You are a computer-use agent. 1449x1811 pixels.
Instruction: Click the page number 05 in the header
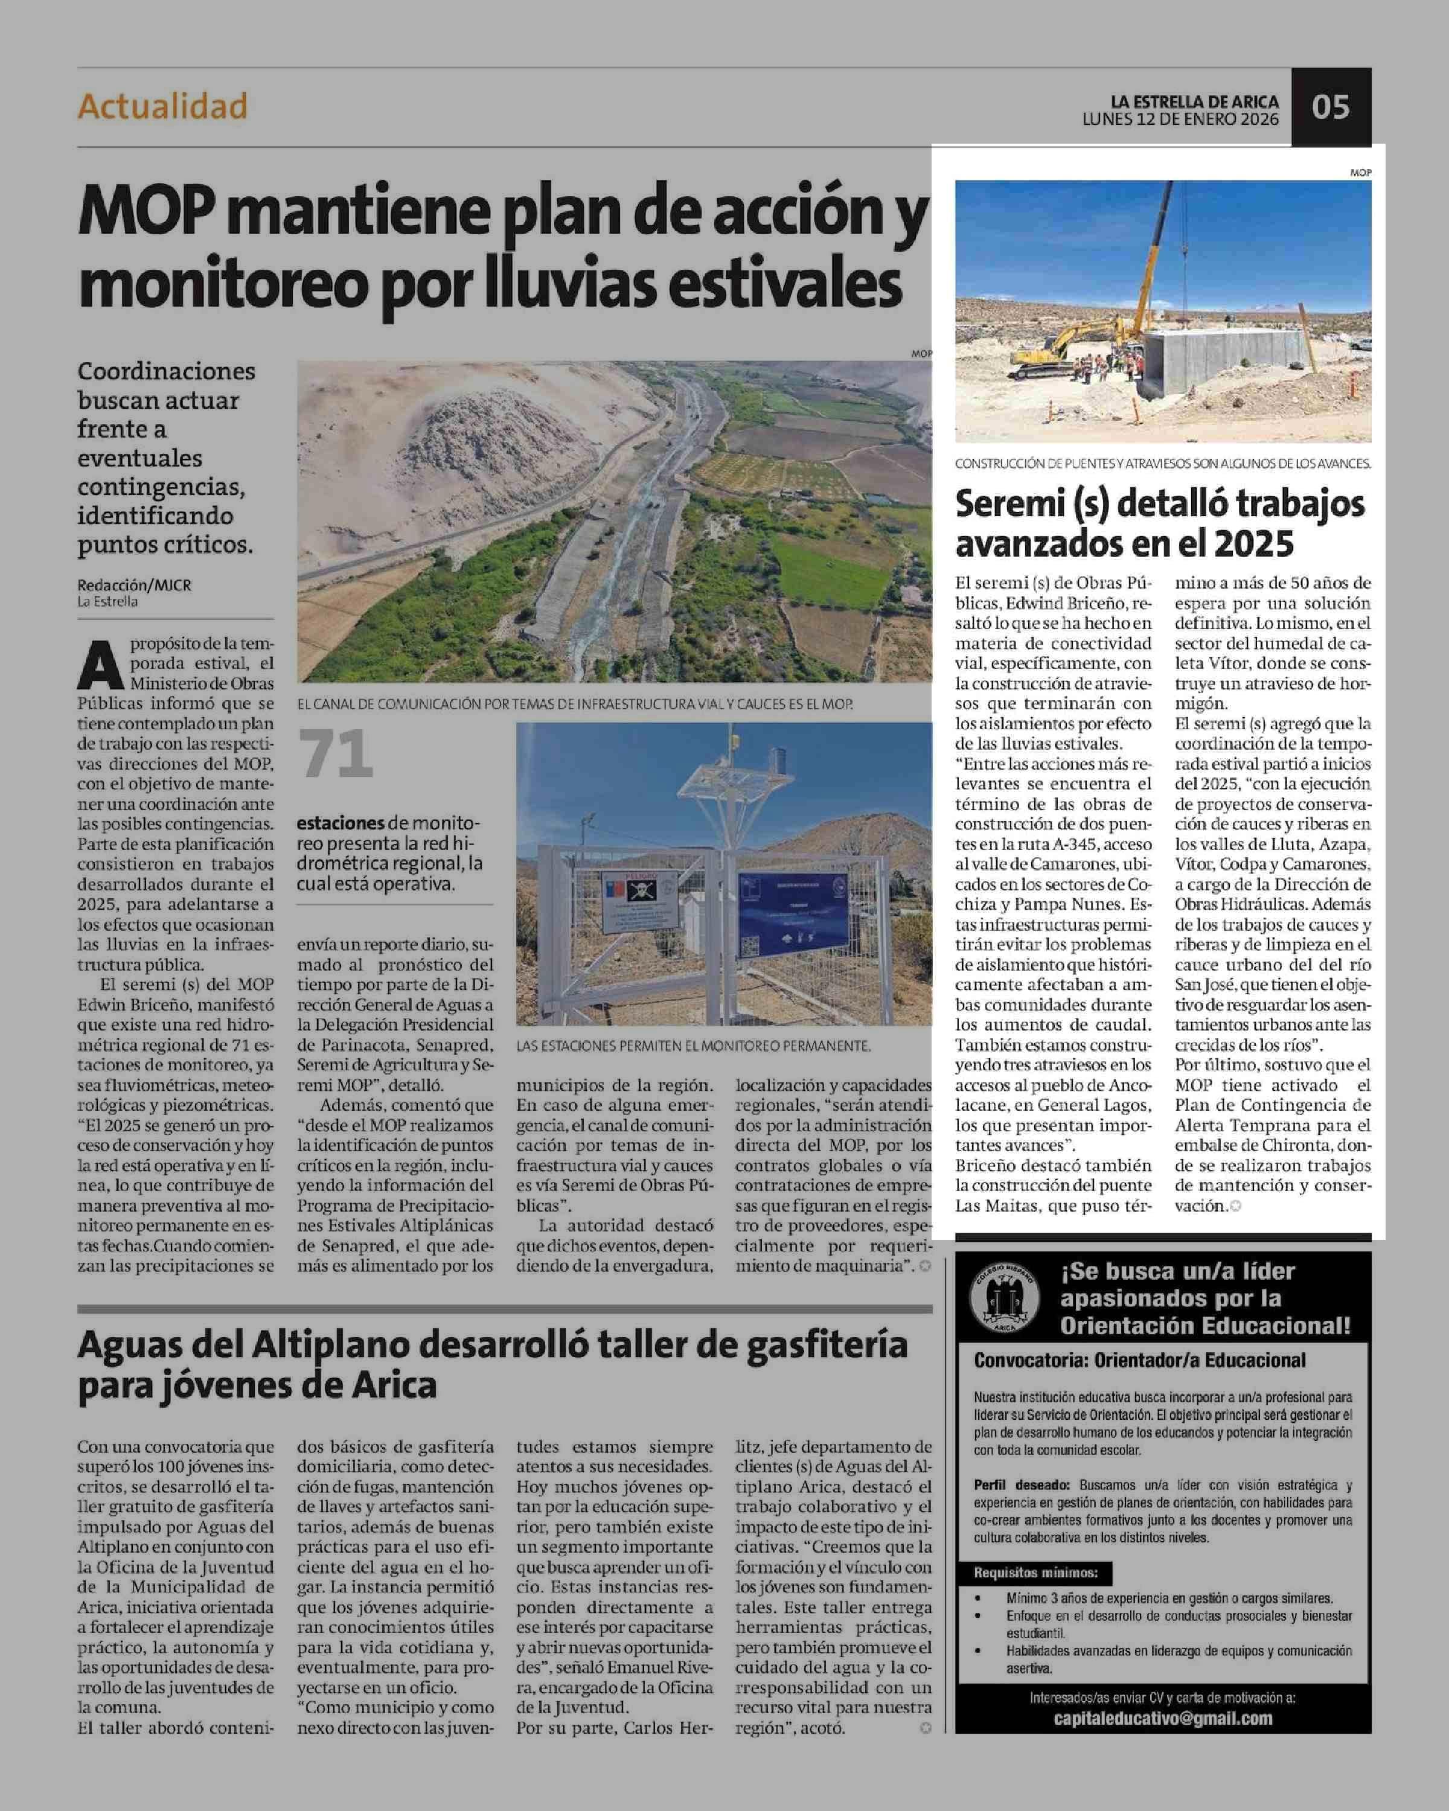coord(1331,107)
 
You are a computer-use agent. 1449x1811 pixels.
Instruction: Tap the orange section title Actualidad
coord(163,107)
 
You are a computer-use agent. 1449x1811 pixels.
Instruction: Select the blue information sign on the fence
coord(792,913)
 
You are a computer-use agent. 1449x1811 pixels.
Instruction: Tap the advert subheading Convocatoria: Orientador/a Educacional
coord(1140,1360)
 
